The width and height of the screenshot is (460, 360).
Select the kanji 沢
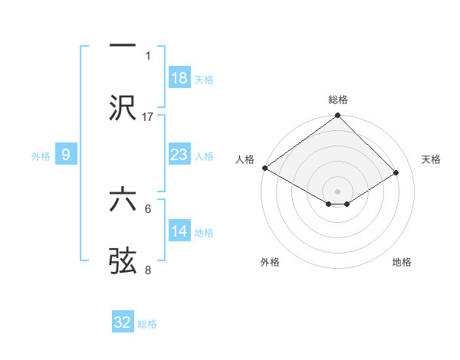[123, 108]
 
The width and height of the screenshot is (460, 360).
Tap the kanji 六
[123, 199]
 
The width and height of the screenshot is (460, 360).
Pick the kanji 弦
[123, 261]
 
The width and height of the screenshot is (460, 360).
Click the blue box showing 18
[179, 78]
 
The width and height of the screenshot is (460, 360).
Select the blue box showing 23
[179, 155]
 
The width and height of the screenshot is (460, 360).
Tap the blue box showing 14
[179, 231]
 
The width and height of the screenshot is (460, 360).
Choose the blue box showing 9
[66, 155]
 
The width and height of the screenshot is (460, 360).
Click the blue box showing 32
[123, 322]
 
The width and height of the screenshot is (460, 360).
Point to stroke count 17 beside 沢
[148, 116]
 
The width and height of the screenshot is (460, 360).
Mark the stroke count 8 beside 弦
[148, 270]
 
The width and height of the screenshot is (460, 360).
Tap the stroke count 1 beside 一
[148, 55]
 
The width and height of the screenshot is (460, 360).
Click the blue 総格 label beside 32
[147, 324]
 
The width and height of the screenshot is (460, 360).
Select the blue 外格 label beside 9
[41, 156]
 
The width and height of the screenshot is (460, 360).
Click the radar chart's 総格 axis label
[338, 100]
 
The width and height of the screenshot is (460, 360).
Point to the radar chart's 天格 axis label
[432, 159]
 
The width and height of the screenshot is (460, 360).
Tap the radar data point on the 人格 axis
[264, 168]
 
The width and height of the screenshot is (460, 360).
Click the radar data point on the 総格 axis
[338, 116]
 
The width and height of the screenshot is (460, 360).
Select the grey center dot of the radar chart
[338, 191]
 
